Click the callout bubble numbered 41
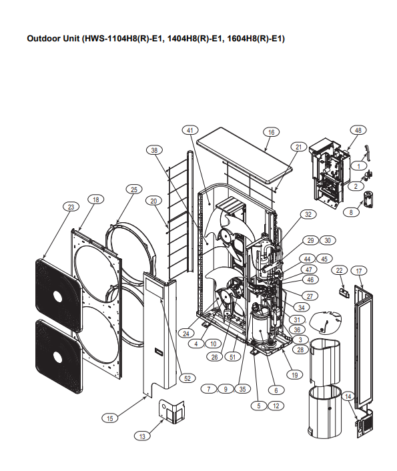pos(190,130)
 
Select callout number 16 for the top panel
pos(271,132)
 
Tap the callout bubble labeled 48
pos(358,130)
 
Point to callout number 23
pos(71,207)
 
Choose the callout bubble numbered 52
pos(187,378)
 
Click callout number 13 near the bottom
pos(142,436)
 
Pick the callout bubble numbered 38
pos(154,150)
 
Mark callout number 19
pos(294,375)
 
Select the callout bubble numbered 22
pos(339,270)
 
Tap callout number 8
pos(351,212)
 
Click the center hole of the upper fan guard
pos(57,297)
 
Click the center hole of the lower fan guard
pos(57,356)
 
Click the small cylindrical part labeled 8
pos(368,199)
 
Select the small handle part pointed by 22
pos(344,293)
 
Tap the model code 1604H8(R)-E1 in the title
pos(256,39)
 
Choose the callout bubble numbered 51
pos(233,357)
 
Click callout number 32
pos(308,214)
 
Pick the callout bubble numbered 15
pos(110,418)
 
